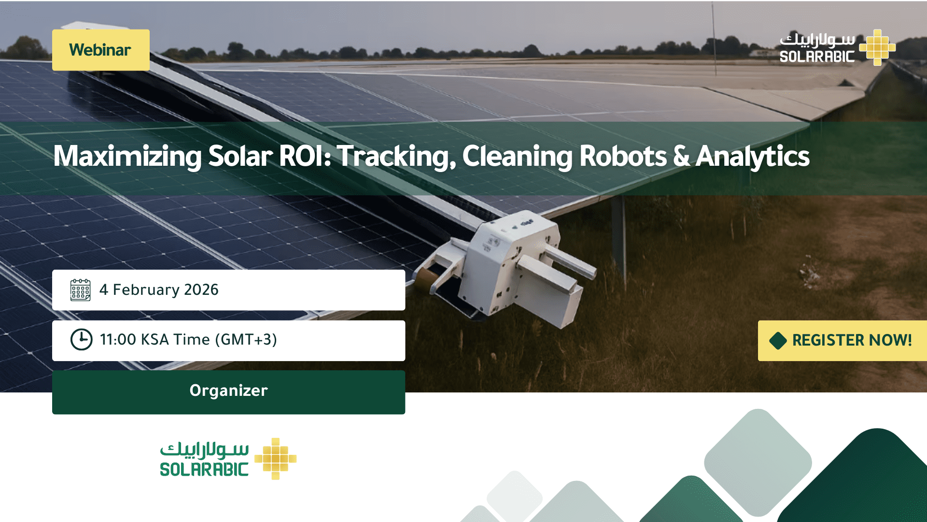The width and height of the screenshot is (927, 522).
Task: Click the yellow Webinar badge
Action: tap(101, 50)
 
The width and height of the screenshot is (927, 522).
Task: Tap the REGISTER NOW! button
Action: tap(843, 340)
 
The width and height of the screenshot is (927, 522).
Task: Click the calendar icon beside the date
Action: tap(80, 290)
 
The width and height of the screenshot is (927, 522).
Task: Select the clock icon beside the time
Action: tap(82, 339)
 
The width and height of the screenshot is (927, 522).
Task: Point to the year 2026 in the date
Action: tap(201, 290)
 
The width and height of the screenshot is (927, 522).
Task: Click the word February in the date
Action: tap(146, 290)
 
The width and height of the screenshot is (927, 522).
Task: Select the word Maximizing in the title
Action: tap(127, 157)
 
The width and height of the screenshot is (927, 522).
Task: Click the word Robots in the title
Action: tap(623, 156)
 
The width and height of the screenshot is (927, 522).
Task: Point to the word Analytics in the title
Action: tap(753, 157)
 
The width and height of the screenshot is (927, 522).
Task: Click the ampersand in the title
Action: tap(681, 156)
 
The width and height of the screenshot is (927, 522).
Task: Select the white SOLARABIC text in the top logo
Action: tap(817, 57)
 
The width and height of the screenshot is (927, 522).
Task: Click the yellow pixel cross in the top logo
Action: tap(877, 47)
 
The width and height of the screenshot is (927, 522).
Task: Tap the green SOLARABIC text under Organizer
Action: tap(204, 469)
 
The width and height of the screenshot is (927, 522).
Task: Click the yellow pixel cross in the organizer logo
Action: tap(275, 459)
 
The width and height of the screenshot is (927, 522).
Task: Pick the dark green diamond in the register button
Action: tap(778, 340)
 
